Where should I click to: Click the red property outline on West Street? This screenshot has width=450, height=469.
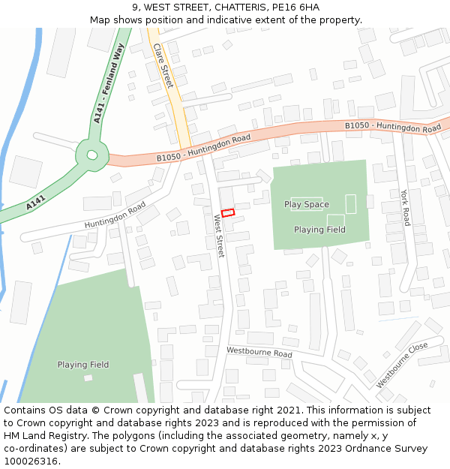[x=228, y=212]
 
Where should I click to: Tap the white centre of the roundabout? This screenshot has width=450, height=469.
[x=92, y=155]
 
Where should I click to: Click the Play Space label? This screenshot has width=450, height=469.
[x=306, y=205]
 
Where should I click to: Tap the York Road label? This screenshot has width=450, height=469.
[x=406, y=207]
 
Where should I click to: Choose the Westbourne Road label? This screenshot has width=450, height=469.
[x=259, y=352]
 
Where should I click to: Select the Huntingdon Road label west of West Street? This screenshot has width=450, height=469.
[x=115, y=215]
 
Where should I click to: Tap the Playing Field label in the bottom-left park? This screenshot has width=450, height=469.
[x=83, y=365]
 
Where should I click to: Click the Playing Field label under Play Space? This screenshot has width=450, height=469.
[x=319, y=230]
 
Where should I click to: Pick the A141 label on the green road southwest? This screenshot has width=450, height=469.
[x=36, y=203]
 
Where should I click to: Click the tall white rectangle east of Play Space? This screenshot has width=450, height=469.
[x=350, y=203]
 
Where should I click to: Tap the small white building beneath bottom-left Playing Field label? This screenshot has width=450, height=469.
[x=88, y=377]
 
